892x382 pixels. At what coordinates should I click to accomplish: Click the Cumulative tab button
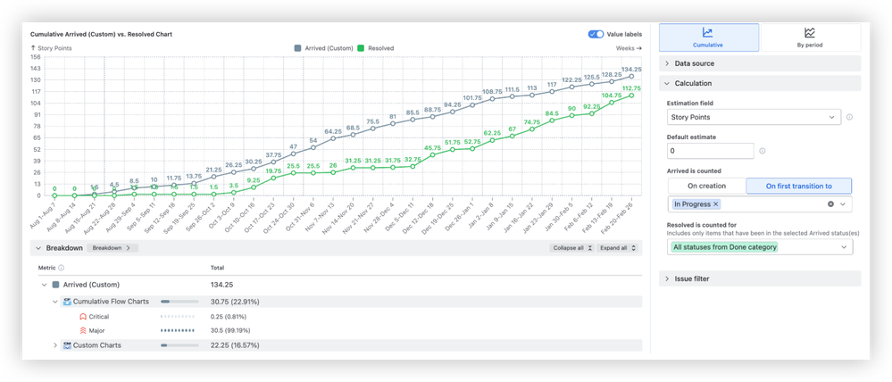pos(709,37)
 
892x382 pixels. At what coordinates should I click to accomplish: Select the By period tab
pos(809,37)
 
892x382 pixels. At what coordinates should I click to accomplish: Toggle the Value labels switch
pos(596,34)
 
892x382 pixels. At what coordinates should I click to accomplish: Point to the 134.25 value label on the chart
pos(632,69)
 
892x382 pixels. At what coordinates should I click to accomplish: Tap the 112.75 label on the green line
pos(631,88)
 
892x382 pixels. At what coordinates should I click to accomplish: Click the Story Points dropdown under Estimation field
pos(754,117)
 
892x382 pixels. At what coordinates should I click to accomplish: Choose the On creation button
pos(705,186)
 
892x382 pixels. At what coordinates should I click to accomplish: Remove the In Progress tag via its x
pos(715,204)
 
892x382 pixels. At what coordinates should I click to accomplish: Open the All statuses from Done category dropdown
pos(759,246)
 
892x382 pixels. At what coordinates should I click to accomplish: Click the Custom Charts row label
pos(96,345)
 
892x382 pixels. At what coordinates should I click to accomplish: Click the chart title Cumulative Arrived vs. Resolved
pos(101,34)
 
